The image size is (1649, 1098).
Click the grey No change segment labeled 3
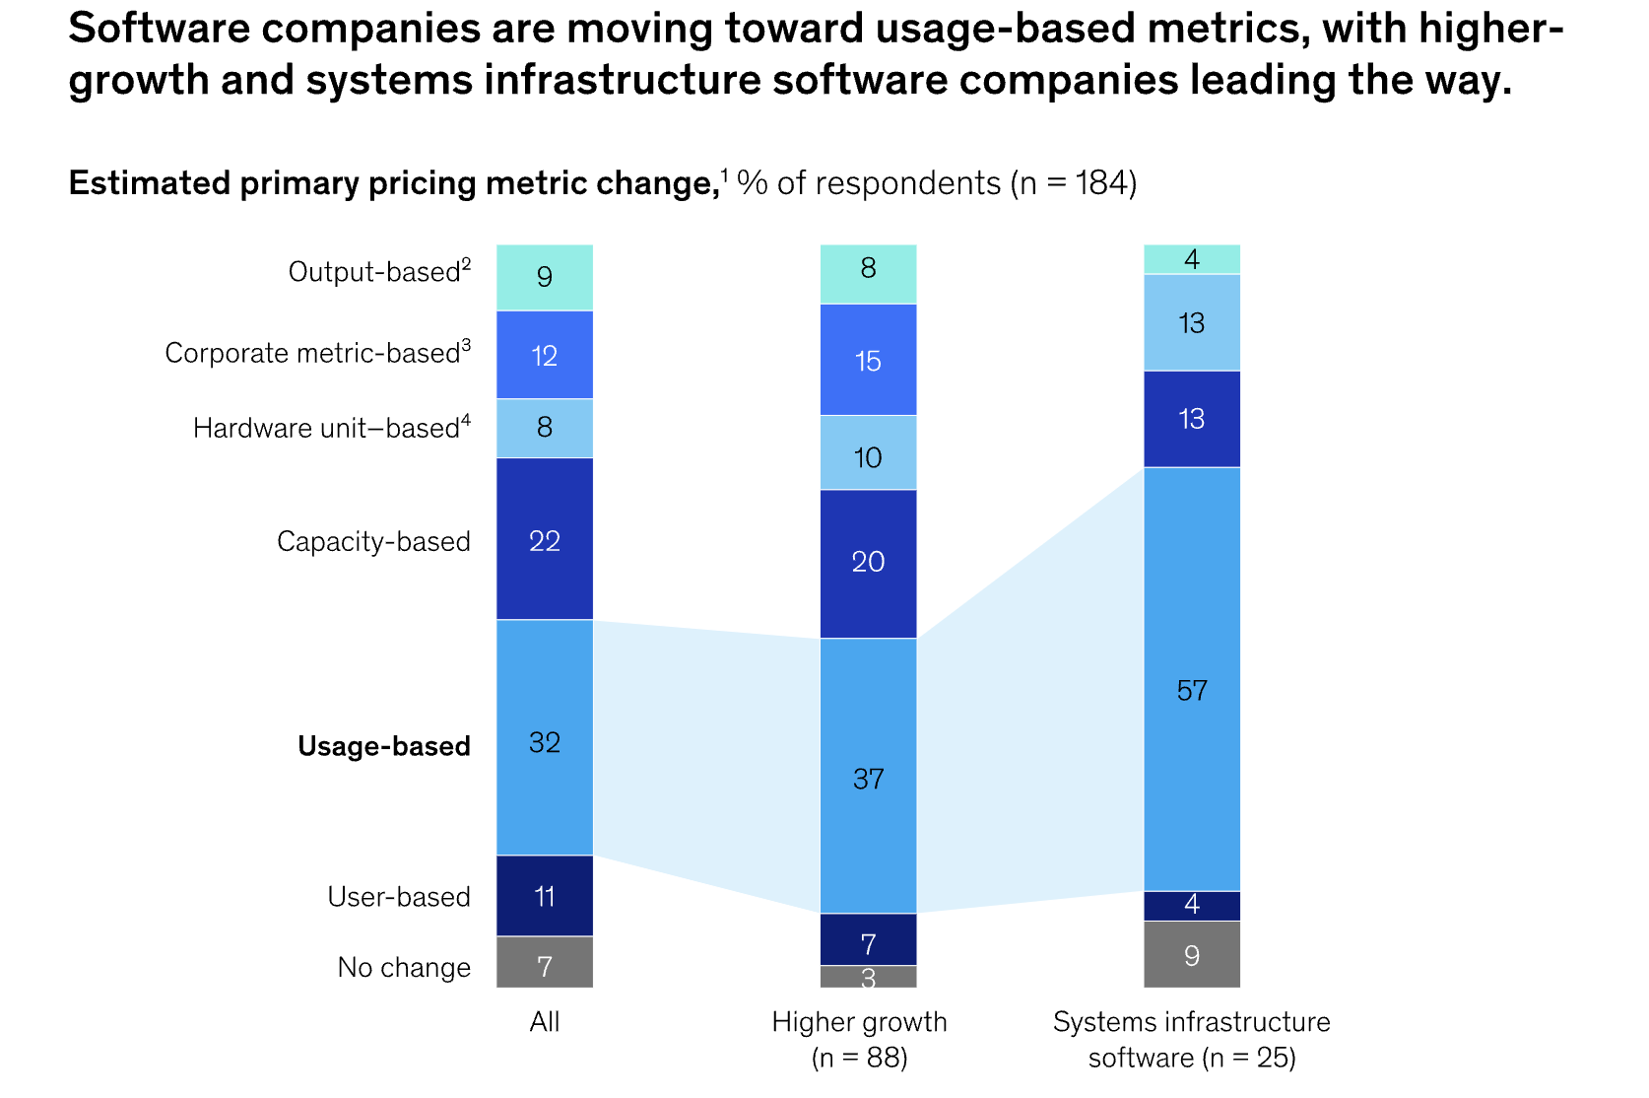click(x=868, y=977)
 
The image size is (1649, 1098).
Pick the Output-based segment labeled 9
click(x=545, y=277)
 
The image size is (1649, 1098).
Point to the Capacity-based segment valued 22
click(x=545, y=539)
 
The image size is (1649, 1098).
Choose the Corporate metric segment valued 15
click(x=868, y=360)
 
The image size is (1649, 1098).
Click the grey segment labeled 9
click(x=1191, y=954)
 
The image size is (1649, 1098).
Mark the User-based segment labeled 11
click(x=545, y=896)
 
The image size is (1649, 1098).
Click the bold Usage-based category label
click(x=384, y=746)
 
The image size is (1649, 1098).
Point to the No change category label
click(x=404, y=968)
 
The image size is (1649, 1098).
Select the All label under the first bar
click(x=545, y=1022)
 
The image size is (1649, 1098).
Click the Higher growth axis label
click(x=859, y=1022)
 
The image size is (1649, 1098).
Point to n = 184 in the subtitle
click(x=1074, y=183)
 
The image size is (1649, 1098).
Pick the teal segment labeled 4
click(x=1191, y=259)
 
